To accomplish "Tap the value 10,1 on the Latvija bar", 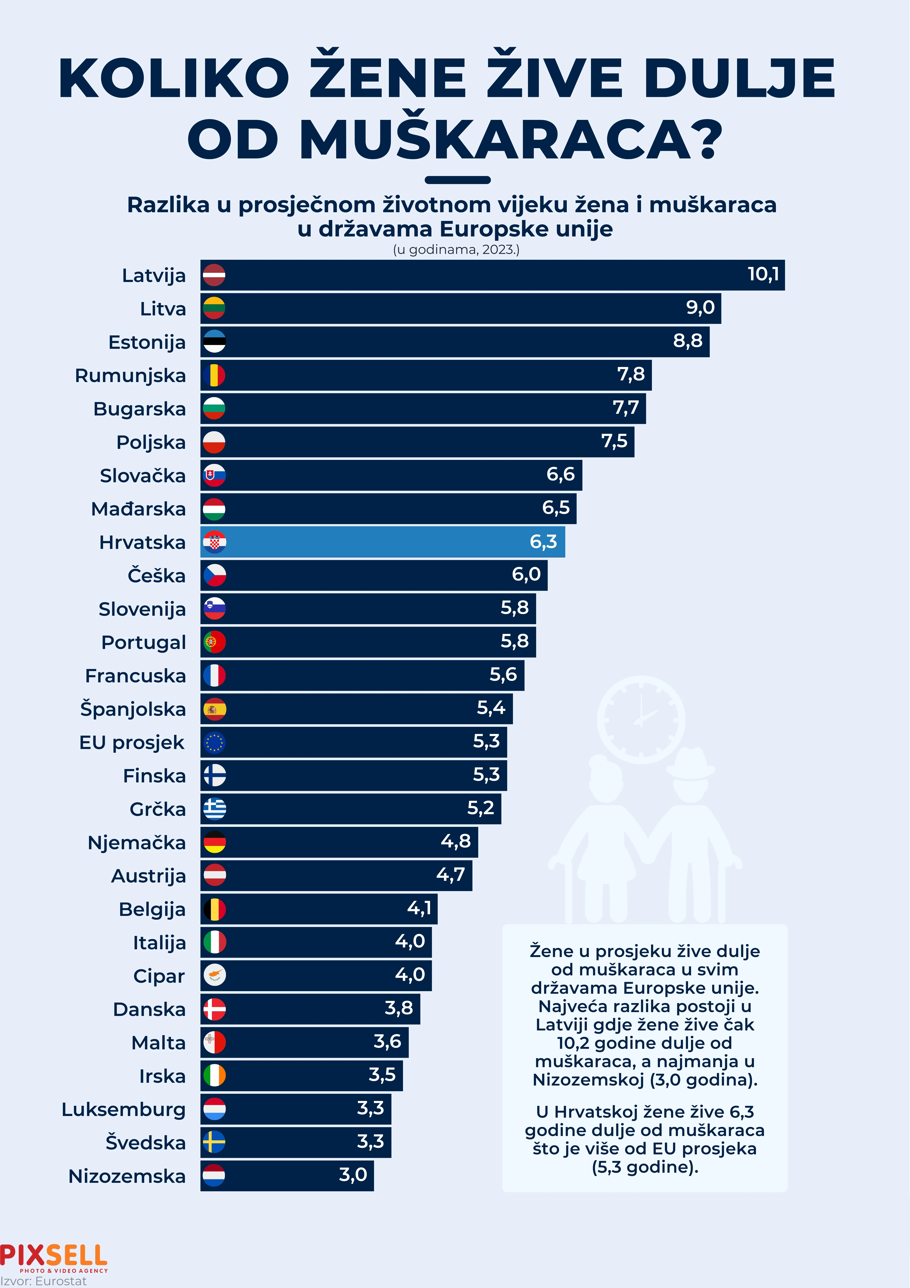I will pos(763,274).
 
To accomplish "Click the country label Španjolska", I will pos(133,709).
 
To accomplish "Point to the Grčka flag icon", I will pos(214,809).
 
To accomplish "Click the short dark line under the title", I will pos(457,180).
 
